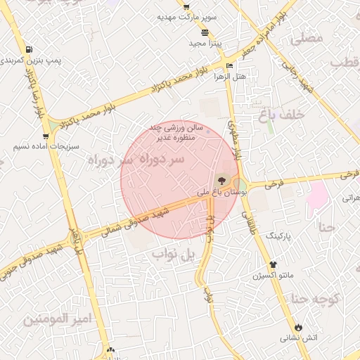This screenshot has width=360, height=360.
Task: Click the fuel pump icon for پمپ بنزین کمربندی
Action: (x=28, y=50)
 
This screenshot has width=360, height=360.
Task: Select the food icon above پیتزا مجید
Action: (x=205, y=32)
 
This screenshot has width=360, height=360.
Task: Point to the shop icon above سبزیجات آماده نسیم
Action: (x=46, y=136)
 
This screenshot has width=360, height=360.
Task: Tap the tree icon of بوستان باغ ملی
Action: (x=224, y=181)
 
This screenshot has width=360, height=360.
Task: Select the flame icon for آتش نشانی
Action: (x=298, y=327)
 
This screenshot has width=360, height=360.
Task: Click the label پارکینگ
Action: (x=294, y=234)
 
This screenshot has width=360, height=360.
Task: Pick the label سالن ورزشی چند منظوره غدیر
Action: (x=176, y=132)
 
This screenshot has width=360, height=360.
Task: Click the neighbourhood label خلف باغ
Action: (x=301, y=114)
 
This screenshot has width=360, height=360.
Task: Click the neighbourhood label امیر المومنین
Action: (x=58, y=319)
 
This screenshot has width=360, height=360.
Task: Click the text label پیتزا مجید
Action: (x=205, y=44)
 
